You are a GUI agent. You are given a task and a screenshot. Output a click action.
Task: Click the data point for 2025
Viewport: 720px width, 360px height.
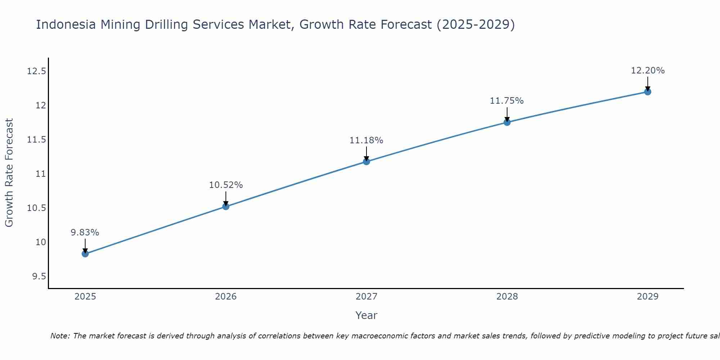(85, 254)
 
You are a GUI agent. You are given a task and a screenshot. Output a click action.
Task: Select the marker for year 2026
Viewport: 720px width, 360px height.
(226, 206)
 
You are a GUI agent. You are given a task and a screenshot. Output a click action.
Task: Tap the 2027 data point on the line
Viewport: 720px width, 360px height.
(366, 161)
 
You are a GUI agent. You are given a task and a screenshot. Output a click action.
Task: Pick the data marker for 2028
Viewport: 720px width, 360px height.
(507, 122)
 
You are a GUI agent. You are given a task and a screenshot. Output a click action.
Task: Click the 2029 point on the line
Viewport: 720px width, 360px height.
(648, 92)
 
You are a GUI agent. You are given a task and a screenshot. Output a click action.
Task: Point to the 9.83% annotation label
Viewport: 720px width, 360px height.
(85, 233)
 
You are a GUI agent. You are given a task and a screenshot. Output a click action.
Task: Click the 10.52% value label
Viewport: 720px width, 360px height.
(226, 185)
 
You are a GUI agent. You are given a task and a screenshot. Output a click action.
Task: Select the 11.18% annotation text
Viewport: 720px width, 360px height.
(366, 140)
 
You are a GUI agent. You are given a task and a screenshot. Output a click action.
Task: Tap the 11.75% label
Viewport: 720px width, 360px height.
(507, 101)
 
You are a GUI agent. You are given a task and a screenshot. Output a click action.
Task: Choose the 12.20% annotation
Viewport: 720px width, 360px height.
(648, 71)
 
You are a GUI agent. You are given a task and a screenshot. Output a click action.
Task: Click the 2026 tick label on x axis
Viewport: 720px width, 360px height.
(226, 297)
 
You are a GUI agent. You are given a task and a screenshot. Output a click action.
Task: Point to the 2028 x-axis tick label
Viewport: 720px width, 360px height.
(507, 297)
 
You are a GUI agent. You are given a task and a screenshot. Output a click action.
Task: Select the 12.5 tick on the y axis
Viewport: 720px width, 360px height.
(37, 71)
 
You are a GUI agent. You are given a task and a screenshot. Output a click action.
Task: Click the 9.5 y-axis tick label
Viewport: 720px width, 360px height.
(39, 276)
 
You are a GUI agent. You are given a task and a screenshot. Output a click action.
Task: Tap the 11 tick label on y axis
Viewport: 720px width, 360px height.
(41, 174)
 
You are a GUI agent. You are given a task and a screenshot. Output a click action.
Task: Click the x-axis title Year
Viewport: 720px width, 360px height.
(366, 315)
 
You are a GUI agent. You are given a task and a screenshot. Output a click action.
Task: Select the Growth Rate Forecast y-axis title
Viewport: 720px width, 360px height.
(9, 173)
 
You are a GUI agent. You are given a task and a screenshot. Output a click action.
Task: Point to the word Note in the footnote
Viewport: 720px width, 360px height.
(60, 336)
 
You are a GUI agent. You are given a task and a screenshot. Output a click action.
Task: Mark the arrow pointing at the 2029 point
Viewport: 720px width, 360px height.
(648, 84)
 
